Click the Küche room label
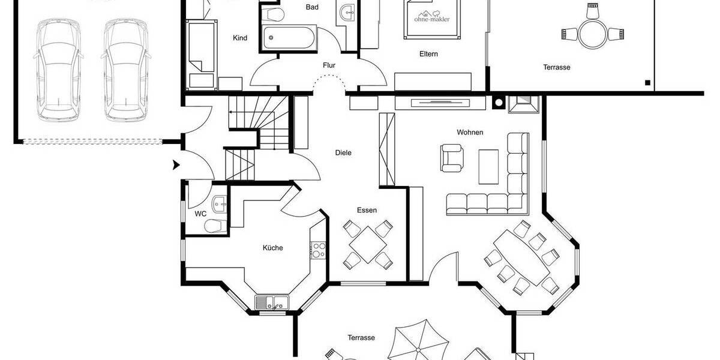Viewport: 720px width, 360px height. coord(272,248)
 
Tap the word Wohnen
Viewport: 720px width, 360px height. coord(470,133)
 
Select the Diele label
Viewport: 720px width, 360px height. coord(343,153)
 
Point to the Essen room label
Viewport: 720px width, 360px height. coord(367,210)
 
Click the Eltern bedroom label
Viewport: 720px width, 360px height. coord(428,54)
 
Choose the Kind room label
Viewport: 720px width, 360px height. coord(240,38)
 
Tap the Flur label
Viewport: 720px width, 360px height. coord(329,65)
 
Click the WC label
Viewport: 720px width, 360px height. coord(200,214)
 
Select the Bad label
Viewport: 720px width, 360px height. coord(312,7)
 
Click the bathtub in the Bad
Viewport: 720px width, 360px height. coord(289,38)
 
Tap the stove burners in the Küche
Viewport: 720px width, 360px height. coord(318,250)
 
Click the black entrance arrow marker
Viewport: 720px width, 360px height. coord(176,165)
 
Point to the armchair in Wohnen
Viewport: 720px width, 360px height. coord(452,157)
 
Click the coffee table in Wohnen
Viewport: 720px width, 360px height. coord(488,166)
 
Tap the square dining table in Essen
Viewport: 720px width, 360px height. coord(367,245)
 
